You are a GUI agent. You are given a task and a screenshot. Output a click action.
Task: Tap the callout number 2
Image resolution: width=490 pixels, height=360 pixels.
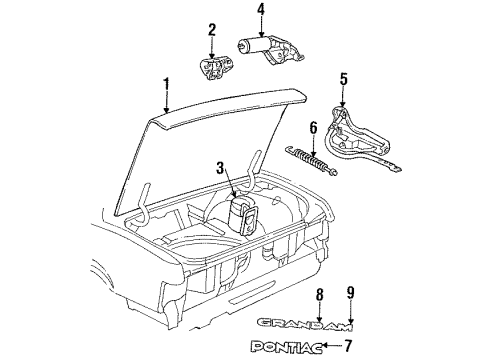211,29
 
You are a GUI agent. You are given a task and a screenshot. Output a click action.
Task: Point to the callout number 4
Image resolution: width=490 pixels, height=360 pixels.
260,12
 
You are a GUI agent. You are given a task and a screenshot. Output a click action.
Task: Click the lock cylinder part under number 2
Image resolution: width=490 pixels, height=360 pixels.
214,69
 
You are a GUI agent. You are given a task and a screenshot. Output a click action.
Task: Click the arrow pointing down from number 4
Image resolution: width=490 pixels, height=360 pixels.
260,27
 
